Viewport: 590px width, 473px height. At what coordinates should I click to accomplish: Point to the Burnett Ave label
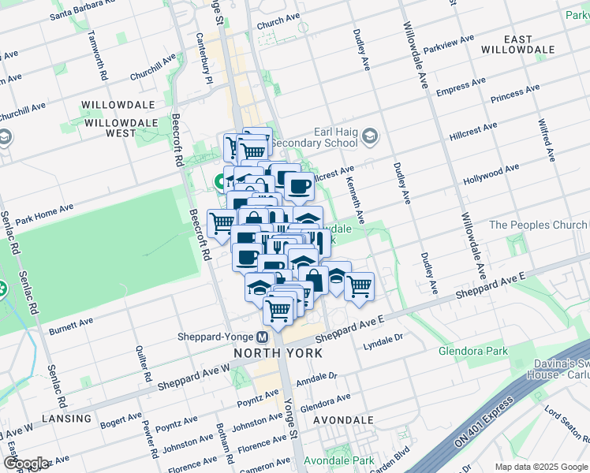tap(71, 326)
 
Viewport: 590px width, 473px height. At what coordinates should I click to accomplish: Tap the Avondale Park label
tap(340, 460)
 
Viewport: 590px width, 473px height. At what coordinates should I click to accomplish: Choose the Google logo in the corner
tap(26, 463)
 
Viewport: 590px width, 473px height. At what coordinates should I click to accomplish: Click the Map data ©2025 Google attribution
tap(540, 467)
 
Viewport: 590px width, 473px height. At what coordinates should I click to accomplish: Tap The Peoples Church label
tap(538, 225)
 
